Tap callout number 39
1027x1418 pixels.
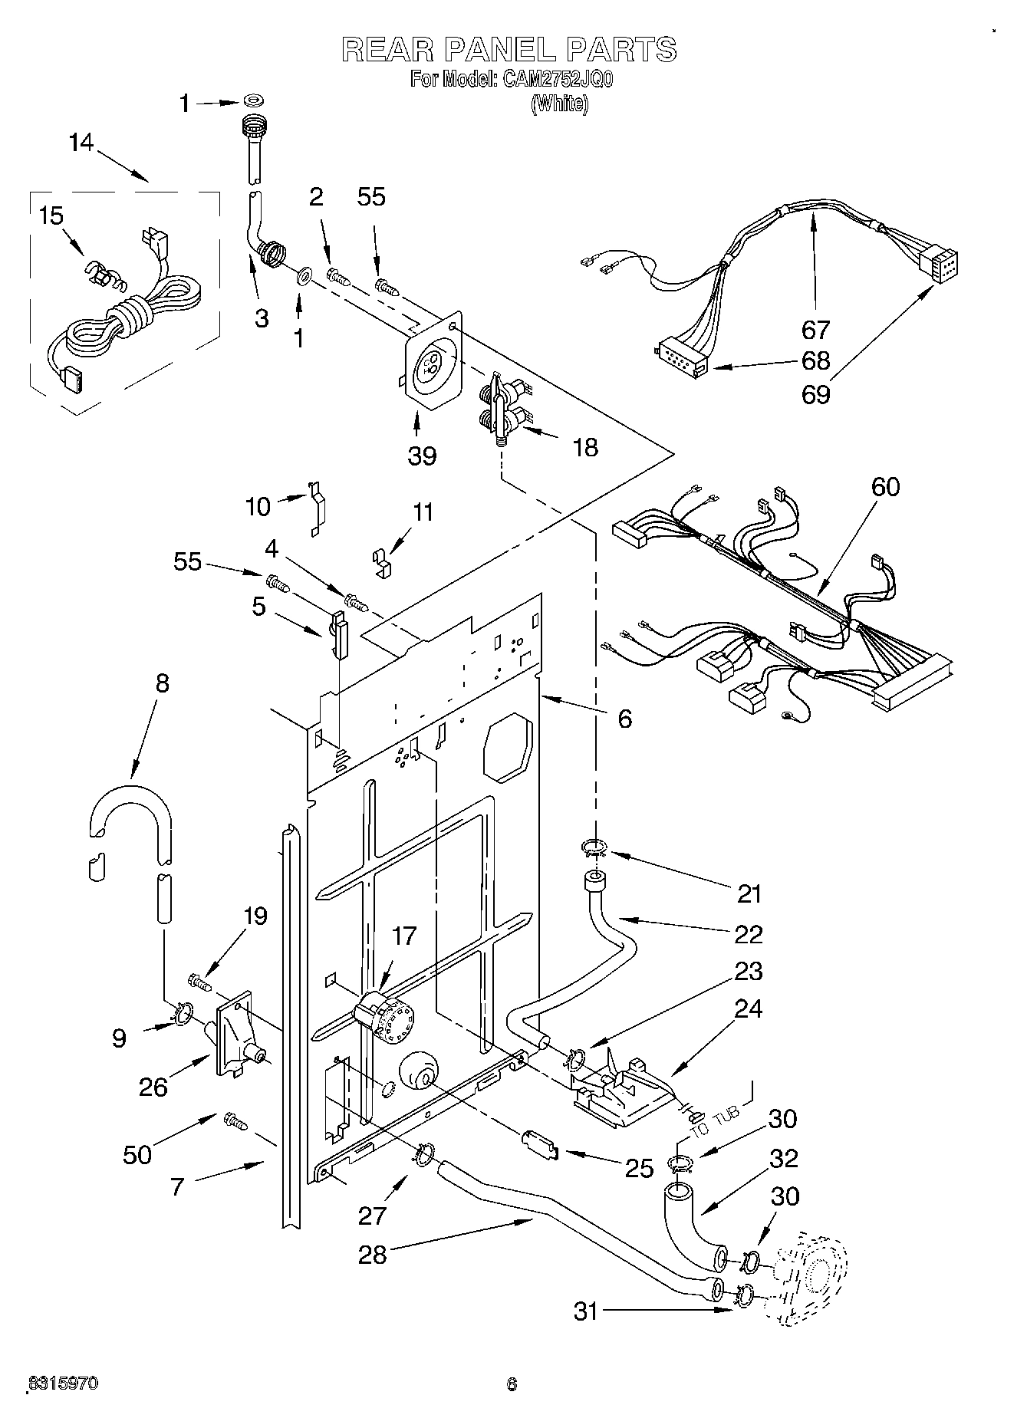click(x=422, y=456)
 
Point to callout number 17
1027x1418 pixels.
click(x=404, y=936)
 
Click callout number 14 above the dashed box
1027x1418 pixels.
click(x=81, y=143)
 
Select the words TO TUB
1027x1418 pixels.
click(x=714, y=1121)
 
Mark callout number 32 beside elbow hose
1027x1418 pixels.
click(x=783, y=1158)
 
